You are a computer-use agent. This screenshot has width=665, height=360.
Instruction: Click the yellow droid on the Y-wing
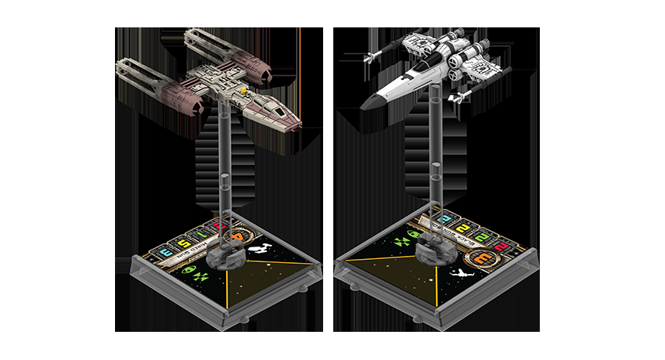click(243, 92)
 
